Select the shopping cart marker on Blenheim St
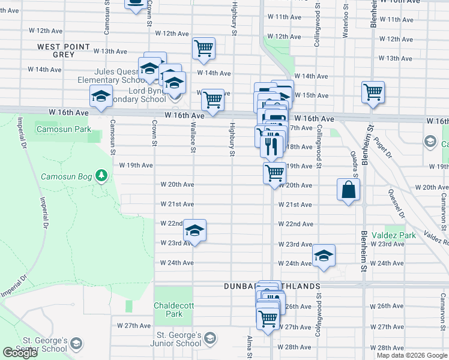373,92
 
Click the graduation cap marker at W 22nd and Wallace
194,230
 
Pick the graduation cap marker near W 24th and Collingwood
324,256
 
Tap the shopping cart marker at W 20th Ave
274,173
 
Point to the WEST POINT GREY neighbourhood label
64,50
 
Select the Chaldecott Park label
174,309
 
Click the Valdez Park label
393,235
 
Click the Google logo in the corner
20,353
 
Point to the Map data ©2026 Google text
411,355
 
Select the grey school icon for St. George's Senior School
76,344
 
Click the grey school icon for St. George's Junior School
209,339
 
